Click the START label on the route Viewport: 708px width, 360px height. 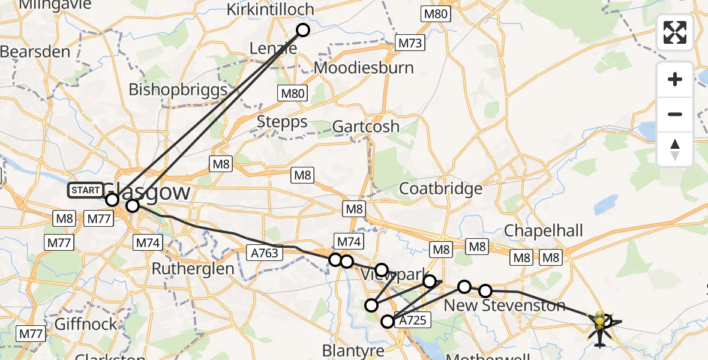coord(85,191)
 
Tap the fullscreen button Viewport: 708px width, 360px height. coord(675,32)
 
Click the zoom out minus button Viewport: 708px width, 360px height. coord(675,114)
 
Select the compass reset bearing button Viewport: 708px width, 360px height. coord(675,149)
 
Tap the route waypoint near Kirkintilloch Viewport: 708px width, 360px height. coord(303,30)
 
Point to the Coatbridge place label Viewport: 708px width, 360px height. coord(441,188)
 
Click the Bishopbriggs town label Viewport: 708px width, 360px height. coord(178,90)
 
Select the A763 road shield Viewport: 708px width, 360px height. coord(265,253)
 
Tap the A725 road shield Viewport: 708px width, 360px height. coord(412,320)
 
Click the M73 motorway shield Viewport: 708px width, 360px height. coord(410,43)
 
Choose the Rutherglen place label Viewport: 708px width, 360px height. coord(193,268)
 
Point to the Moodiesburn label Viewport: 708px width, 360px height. coord(364,67)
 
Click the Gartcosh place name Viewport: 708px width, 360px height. coord(365,127)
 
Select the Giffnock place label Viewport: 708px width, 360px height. coord(86,324)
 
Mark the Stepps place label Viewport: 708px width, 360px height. coord(282,122)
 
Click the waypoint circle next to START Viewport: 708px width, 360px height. coord(112,200)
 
